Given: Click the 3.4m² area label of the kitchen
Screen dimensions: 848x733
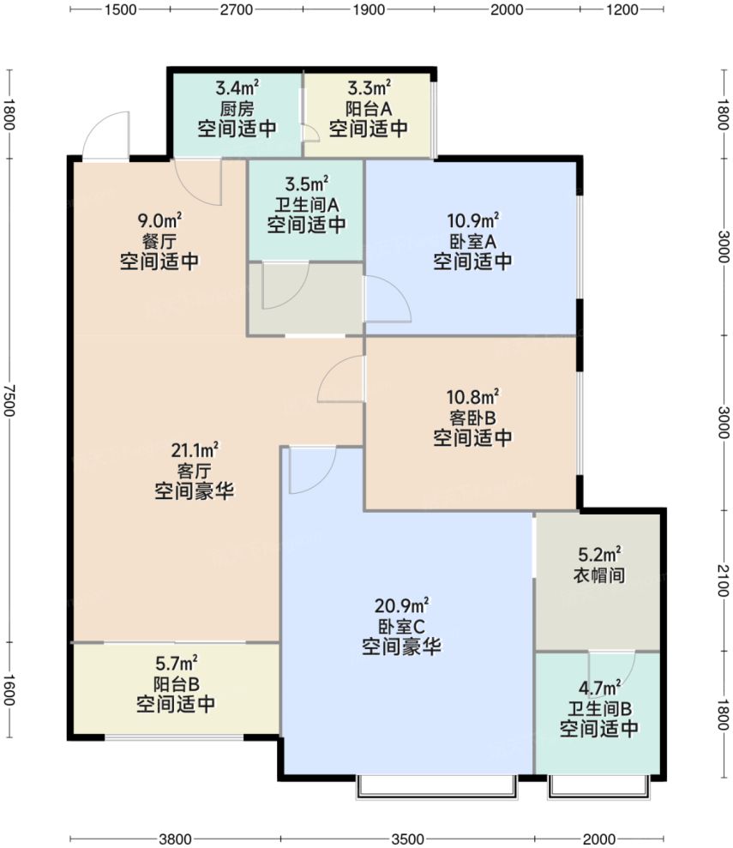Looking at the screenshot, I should coord(237,87).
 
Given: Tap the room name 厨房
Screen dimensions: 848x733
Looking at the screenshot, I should coord(237,109).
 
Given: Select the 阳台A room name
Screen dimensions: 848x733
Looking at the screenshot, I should coord(369,109).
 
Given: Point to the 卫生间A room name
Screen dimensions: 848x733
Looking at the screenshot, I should coord(306,205).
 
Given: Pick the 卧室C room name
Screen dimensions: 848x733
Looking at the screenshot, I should coord(401,627).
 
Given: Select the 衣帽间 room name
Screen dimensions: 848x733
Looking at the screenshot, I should coord(598,575).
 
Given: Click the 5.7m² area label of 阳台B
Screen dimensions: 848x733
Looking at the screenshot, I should coord(176,662).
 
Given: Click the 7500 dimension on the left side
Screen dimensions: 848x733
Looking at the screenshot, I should coord(9,399).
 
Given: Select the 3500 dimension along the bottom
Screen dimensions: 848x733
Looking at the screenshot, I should coord(407,837).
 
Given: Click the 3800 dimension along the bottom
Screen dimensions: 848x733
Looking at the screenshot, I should coord(175,837).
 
